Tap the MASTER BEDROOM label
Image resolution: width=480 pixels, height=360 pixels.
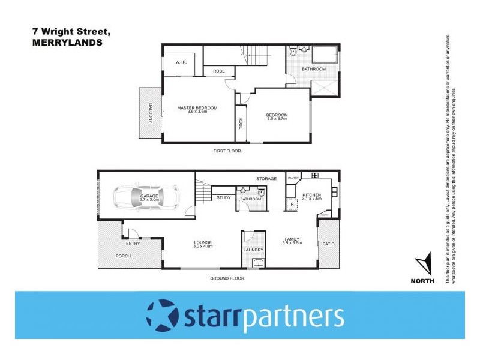click(197, 108)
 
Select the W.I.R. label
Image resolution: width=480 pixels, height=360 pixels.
click(181, 62)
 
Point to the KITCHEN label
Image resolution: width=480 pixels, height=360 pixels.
click(312, 196)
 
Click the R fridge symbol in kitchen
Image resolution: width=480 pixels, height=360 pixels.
click(292, 205)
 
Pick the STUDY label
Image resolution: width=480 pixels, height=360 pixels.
click(223, 197)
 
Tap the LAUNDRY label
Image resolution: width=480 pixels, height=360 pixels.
click(253, 250)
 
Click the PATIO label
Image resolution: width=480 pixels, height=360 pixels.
click(328, 244)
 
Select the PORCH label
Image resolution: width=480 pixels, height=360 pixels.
click(124, 256)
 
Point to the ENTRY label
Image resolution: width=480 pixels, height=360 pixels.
click(133, 244)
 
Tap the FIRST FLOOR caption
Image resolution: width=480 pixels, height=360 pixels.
click(227, 151)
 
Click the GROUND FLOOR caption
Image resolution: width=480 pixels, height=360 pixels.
click(227, 278)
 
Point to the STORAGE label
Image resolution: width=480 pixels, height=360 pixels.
click(266, 179)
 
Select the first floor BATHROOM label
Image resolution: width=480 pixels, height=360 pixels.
click(313, 69)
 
